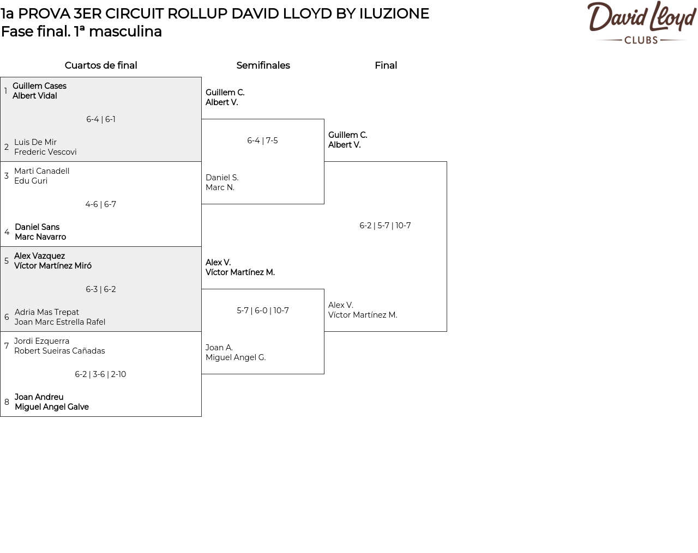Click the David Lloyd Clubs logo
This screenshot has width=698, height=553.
tap(642, 22)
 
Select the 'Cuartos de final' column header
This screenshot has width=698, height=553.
tap(101, 65)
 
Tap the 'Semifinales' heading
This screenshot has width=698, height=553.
tap(263, 65)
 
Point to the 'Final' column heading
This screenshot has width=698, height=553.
tap(386, 65)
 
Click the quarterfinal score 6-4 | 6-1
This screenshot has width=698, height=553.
tap(101, 119)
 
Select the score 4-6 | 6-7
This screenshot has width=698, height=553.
tap(100, 204)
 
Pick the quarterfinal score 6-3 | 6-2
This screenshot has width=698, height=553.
tap(100, 289)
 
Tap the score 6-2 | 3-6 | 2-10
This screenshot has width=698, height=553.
tap(100, 374)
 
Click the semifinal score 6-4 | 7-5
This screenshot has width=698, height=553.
tap(262, 141)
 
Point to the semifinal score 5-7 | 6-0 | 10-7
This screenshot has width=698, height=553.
tap(263, 311)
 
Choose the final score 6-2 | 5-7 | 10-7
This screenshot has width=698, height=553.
tap(385, 226)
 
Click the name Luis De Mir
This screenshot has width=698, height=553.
tap(35, 142)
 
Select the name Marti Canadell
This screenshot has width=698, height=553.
tap(42, 171)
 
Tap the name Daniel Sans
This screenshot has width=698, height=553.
tap(37, 227)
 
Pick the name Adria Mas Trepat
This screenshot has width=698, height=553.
tap(47, 312)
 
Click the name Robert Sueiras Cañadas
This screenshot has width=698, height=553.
tap(59, 351)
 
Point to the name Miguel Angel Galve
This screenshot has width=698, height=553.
tap(52, 407)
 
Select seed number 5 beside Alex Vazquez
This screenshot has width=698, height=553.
tap(7, 261)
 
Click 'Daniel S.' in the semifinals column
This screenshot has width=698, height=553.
tap(222, 178)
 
